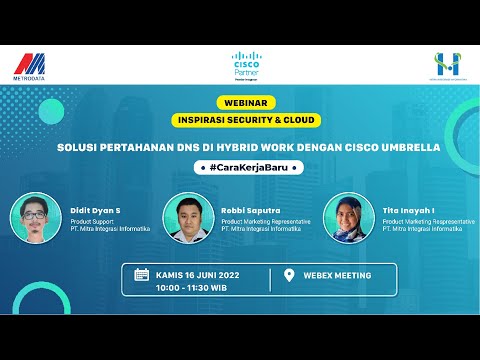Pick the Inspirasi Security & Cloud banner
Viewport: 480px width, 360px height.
pyautogui.click(x=246, y=120)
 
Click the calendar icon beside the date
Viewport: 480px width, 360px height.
pyautogui.click(x=141, y=275)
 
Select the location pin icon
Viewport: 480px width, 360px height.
pyautogui.click(x=289, y=275)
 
